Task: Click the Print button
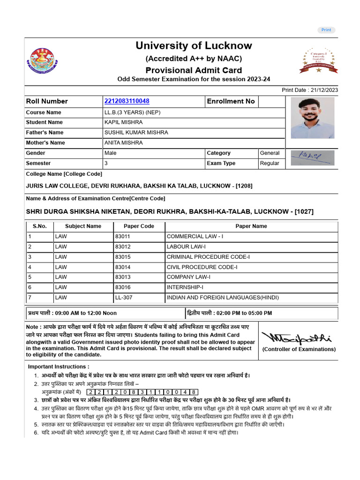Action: (326, 30)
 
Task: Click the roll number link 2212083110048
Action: (127, 101)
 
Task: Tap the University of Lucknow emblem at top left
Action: (42, 60)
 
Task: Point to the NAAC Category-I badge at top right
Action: (318, 60)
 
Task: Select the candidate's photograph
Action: (312, 118)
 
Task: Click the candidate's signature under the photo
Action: (312, 157)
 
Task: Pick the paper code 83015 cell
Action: (123, 257)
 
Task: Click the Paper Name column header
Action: (251, 226)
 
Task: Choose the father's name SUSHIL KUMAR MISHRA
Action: (136, 133)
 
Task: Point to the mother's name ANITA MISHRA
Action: (123, 143)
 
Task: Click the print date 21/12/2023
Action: (324, 90)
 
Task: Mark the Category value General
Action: (270, 153)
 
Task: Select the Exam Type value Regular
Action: (270, 163)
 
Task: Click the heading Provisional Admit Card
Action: (194, 70)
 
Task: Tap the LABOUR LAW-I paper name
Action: (186, 247)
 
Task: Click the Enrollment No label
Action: (231, 101)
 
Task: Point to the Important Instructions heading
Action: (59, 367)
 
